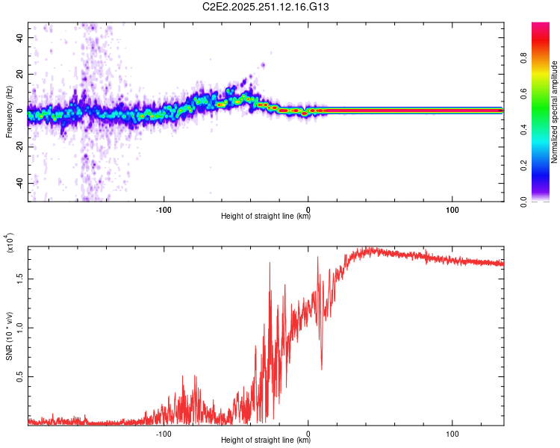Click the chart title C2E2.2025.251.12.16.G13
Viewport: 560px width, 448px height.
coord(281,7)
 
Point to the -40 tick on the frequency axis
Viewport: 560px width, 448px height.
coord(18,183)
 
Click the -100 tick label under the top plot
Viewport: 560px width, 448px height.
coord(164,208)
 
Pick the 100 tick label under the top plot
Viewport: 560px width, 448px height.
coord(452,208)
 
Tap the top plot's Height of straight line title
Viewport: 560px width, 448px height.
coord(266,217)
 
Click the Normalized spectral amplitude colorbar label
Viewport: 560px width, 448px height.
coord(555,112)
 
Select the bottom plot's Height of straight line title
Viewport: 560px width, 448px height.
coord(266,441)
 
